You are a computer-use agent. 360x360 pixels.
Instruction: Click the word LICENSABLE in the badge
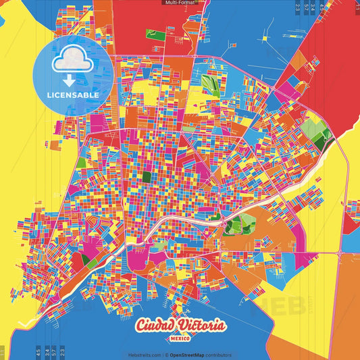click(73, 95)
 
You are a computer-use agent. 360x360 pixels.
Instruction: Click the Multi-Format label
click(180, 3)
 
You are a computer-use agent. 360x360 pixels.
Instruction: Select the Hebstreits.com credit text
click(145, 355)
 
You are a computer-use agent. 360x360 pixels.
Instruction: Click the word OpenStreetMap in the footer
click(192, 355)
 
